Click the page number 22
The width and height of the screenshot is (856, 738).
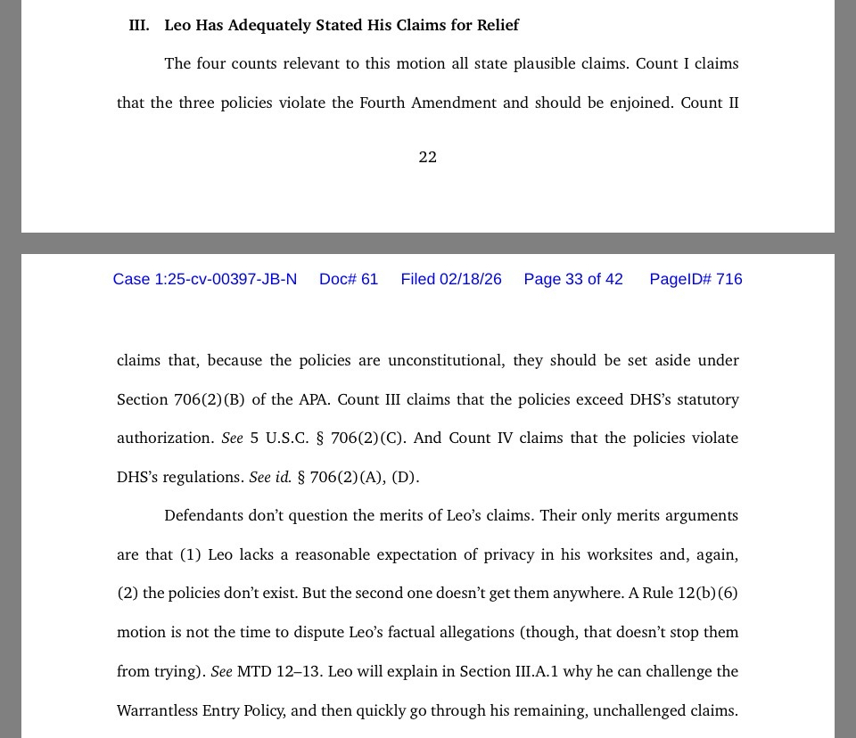point(428,157)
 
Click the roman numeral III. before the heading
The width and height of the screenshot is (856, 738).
point(139,25)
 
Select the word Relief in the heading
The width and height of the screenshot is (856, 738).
point(498,25)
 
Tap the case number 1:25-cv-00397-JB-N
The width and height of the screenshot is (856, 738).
point(204,279)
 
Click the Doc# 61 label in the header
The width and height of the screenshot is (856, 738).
point(349,279)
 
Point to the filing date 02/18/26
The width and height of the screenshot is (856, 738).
point(470,279)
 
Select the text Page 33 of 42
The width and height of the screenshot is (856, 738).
point(573,279)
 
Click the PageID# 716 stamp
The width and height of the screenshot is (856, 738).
point(695,279)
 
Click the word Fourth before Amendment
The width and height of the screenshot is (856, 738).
point(383,102)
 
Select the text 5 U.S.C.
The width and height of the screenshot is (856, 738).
point(278,438)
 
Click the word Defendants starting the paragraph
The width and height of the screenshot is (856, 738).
point(208,515)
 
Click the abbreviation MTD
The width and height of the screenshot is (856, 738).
point(254,671)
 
